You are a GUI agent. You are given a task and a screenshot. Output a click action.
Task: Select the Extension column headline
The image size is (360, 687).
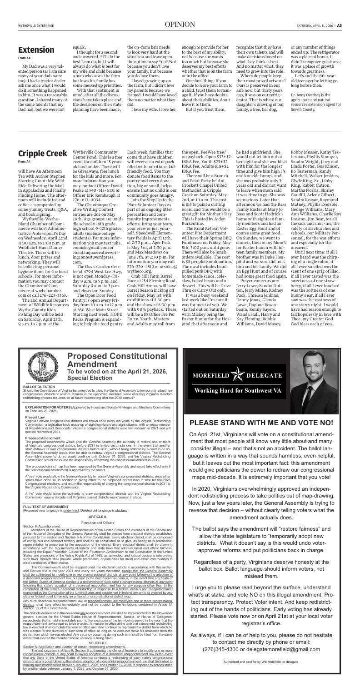point(36,50)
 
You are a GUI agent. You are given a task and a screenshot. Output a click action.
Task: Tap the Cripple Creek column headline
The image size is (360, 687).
point(42,153)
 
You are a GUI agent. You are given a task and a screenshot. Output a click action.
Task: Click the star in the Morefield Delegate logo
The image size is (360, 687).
point(239,375)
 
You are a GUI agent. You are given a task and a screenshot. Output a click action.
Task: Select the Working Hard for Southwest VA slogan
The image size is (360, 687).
point(239,391)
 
